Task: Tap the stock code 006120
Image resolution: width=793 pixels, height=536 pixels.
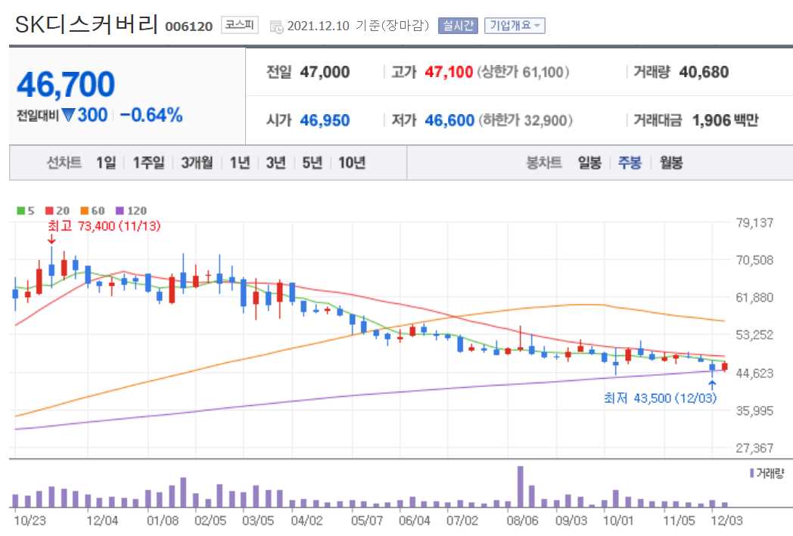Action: point(189,26)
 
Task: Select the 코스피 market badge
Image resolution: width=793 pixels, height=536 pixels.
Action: point(239,26)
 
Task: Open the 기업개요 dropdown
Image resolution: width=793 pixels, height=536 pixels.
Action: point(515,26)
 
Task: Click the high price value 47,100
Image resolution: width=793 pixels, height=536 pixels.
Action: point(449,73)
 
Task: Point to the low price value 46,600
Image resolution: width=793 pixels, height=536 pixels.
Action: point(449,120)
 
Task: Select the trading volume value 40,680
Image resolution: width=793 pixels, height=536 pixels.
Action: point(704,73)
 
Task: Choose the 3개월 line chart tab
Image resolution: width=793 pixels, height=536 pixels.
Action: point(196,163)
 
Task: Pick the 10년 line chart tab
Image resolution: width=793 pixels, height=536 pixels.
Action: point(352,163)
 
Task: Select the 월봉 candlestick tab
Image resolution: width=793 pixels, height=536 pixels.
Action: point(670,163)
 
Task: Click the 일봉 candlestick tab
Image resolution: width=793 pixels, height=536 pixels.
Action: point(589,163)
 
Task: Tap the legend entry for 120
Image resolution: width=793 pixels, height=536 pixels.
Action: point(131,211)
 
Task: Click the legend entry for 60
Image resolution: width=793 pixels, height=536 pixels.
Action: point(93,211)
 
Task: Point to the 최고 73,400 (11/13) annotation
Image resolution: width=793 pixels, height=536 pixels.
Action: point(104,225)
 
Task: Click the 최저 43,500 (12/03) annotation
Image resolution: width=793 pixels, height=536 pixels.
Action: point(659,398)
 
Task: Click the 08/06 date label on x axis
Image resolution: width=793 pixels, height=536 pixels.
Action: point(523,520)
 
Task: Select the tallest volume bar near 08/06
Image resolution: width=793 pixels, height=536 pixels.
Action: point(521,487)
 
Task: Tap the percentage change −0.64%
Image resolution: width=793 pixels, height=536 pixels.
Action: point(151,116)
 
